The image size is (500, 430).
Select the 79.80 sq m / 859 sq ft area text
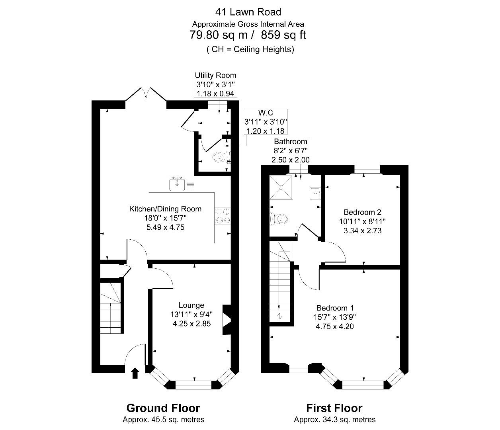248,35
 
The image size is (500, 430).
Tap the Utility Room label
215,75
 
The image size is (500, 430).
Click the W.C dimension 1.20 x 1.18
266,131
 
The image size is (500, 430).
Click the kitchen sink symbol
176,184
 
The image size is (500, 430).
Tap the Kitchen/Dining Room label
165,209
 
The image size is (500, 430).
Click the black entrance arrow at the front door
135,373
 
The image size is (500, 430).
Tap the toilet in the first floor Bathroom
279,219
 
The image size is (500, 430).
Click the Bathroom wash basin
315,193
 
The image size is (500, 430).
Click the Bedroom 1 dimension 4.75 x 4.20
335,326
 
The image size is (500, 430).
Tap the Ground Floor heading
163,408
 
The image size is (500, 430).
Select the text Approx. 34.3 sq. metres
334,419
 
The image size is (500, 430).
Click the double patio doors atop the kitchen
146,95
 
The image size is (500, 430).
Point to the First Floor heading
334,408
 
